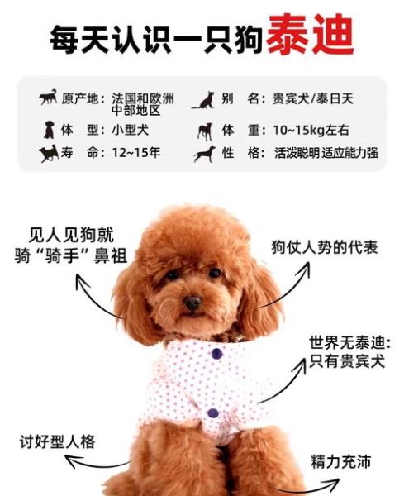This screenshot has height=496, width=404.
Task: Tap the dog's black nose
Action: [x=192, y=303]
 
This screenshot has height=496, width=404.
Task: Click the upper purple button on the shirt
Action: [x=217, y=354]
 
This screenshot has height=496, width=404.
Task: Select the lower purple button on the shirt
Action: [x=213, y=413]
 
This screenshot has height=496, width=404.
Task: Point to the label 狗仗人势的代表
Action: [x=325, y=248]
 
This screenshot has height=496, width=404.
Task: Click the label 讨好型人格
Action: [x=57, y=441]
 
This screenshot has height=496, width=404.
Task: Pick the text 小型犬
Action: [x=130, y=130]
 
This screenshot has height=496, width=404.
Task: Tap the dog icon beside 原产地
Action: [x=49, y=98]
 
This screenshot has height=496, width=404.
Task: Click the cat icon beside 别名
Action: [x=204, y=100]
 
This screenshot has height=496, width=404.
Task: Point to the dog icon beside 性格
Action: [x=204, y=154]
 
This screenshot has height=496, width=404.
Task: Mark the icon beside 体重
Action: [x=204, y=131]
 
